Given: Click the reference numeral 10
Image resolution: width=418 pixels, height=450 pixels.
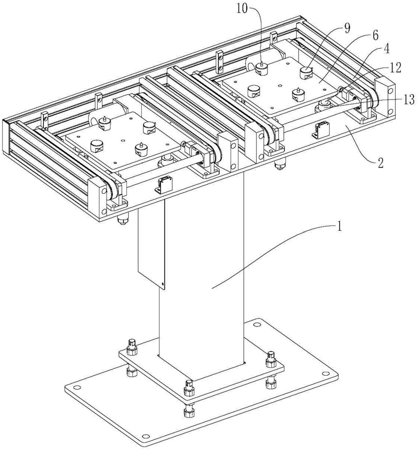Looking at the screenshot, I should (x=256, y=8).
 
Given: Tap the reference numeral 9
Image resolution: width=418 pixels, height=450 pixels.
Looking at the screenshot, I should (x=347, y=28).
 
